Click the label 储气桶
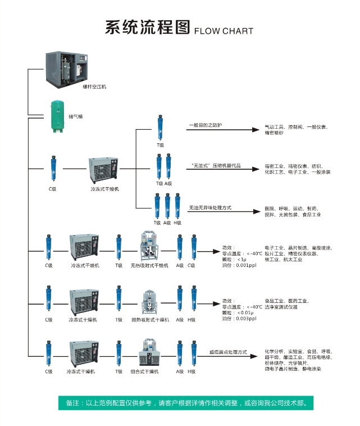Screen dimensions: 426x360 point(75,117)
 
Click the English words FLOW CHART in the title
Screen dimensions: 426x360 point(224,31)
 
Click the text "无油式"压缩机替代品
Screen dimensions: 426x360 point(216,166)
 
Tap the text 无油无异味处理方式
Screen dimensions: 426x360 point(210,208)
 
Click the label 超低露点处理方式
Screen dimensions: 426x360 point(228,352)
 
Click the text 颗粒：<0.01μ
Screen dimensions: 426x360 point(236,312)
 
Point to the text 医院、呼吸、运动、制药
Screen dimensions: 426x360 point(291,209)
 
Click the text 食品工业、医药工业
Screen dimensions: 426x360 point(286,301)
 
